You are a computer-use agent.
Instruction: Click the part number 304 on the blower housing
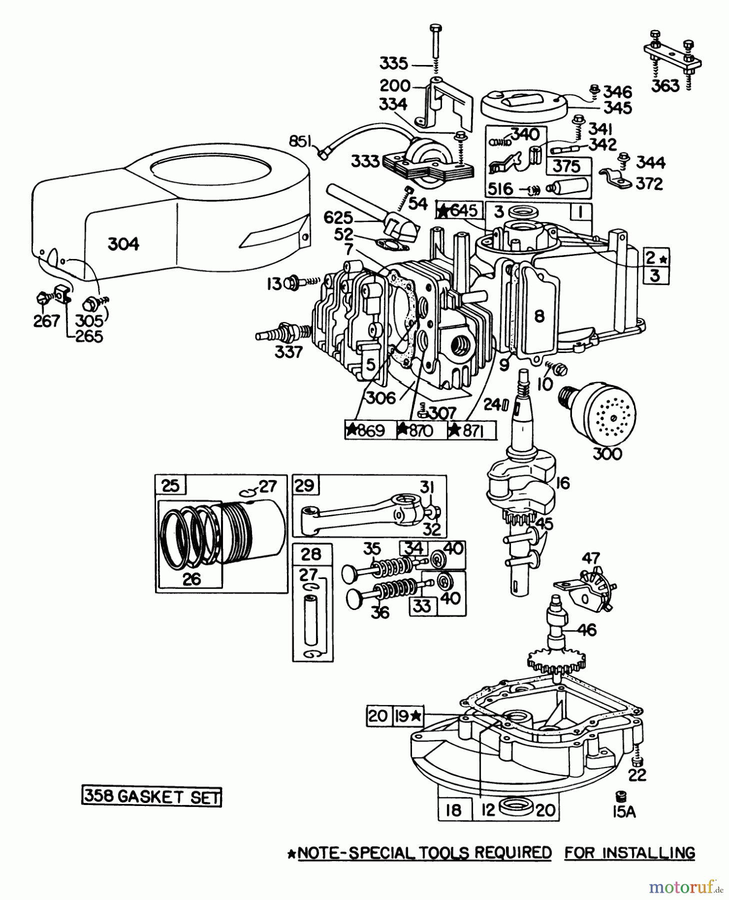click(123, 244)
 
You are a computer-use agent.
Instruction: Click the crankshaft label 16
click(562, 483)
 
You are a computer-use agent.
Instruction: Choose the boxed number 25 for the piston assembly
click(170, 485)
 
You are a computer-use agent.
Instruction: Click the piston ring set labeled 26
click(191, 578)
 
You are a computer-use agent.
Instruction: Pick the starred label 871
click(471, 430)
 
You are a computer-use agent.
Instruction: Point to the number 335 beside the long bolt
click(393, 64)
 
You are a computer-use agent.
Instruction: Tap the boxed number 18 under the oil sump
click(453, 810)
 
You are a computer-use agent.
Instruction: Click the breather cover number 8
click(538, 316)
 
